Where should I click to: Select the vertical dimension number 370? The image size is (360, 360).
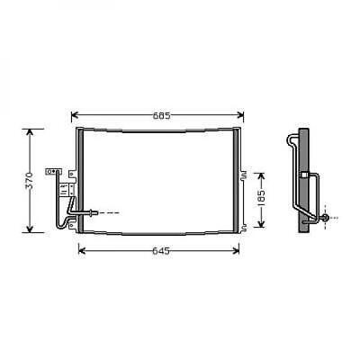click(x=31, y=179)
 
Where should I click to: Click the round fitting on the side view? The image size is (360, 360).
click(x=325, y=217)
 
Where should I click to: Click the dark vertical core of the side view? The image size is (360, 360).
click(x=306, y=180)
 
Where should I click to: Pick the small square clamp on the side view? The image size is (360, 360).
click(x=304, y=174)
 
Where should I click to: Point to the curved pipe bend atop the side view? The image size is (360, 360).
click(x=289, y=139)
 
